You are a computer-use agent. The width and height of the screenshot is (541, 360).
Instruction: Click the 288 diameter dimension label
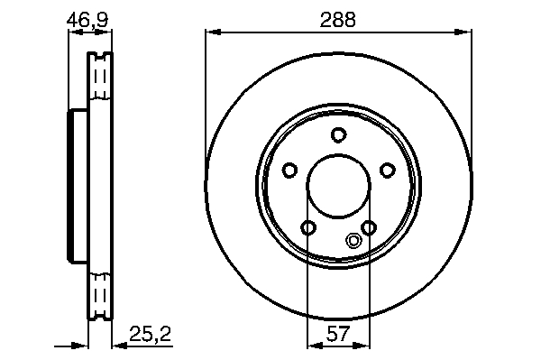click(x=337, y=20)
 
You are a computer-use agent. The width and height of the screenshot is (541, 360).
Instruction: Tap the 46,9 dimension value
click(x=87, y=20)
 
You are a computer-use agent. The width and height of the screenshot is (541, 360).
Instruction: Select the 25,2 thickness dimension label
click(x=150, y=334)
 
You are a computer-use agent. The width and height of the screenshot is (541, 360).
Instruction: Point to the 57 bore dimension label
click(x=338, y=334)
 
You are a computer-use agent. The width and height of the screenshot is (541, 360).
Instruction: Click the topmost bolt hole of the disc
click(x=338, y=134)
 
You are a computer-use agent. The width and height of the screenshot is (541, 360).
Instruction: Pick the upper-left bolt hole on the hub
click(x=289, y=171)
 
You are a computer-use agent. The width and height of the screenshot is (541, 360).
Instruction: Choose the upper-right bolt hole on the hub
click(x=387, y=171)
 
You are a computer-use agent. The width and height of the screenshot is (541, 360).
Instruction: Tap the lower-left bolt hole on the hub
click(x=308, y=227)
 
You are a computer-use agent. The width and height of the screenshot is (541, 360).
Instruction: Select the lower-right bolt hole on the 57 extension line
click(x=369, y=227)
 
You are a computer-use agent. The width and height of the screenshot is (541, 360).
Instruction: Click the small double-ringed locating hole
click(x=353, y=240)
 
